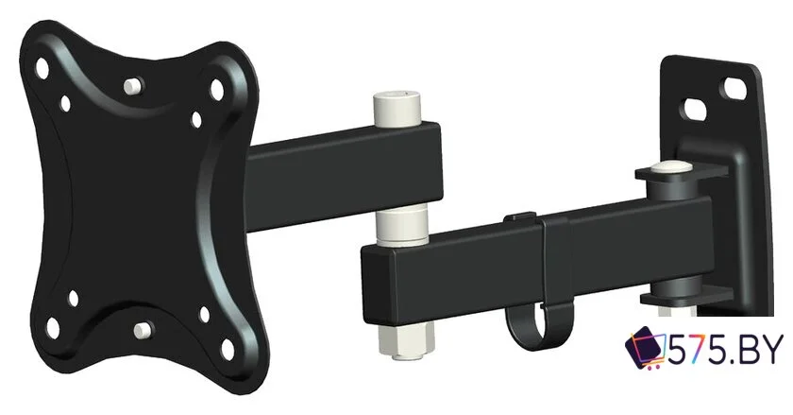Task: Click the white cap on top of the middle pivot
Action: coord(397,109)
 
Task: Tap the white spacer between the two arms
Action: coord(401,226)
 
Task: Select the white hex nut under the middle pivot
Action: coord(406,341)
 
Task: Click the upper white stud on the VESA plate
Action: coord(133,86)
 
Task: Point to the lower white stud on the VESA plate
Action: coord(143,331)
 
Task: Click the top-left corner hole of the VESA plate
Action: coord(42,68)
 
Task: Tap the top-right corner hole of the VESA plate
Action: coord(217,89)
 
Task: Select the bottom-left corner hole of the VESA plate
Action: coord(53,328)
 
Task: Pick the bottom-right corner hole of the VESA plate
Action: coord(228,350)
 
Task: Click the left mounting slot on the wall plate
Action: coord(696,110)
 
